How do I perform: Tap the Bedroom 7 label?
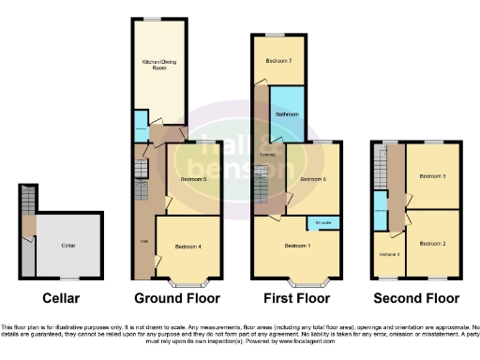[x=277, y=60]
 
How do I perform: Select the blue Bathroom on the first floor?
[x=287, y=114]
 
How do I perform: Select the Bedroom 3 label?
[x=431, y=175]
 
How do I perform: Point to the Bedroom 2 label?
[x=431, y=242]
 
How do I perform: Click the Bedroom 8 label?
[x=389, y=254]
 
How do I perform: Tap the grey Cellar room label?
[x=67, y=245]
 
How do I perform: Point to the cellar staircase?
[x=26, y=201]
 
